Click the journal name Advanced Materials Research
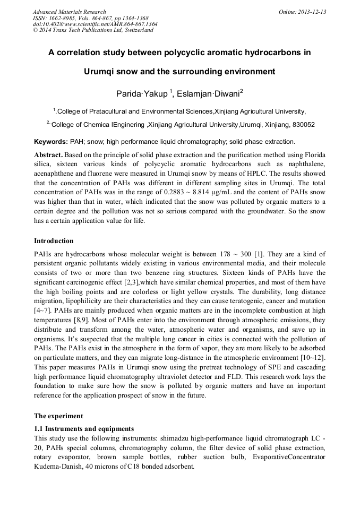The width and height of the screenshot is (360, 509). click(x=69, y=12)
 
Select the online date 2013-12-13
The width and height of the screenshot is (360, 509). click(x=312, y=12)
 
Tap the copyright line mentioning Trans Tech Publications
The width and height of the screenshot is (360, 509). click(x=93, y=30)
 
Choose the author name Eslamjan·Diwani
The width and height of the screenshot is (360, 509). click(x=210, y=94)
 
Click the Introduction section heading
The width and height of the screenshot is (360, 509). click(x=54, y=241)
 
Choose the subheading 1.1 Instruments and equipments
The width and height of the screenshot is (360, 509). click(x=84, y=428)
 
